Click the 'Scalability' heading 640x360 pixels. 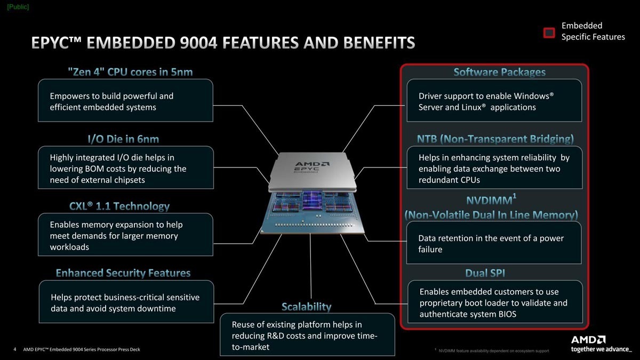pos(306,307)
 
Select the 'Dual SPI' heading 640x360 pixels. pos(485,273)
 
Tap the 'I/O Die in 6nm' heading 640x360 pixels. pos(123,139)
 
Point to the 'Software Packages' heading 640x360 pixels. pos(499,73)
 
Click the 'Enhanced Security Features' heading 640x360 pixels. pos(123,273)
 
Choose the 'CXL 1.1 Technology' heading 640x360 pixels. pos(119,206)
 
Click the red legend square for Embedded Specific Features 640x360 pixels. pos(549,33)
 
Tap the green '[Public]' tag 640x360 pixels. pos(18,7)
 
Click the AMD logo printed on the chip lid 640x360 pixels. pos(312,164)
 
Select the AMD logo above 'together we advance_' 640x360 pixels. pos(588,340)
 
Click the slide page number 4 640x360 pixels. pos(15,349)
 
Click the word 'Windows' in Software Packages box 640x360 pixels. pos(532,96)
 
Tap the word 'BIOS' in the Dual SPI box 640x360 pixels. pos(507,314)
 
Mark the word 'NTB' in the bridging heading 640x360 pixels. pos(427,139)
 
